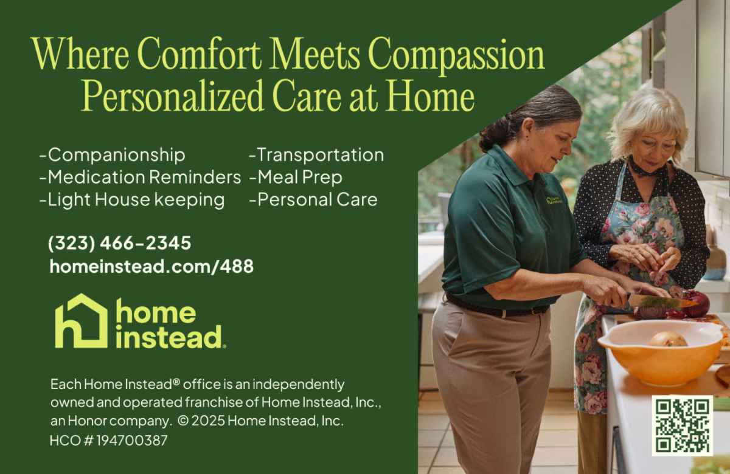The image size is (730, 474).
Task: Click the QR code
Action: (x=683, y=425)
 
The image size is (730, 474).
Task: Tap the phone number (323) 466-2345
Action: (x=119, y=243)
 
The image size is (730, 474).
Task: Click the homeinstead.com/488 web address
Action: (x=151, y=267)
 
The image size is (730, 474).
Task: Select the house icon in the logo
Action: (x=81, y=321)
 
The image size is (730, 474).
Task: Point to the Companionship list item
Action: (x=112, y=155)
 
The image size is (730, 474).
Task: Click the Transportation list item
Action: (x=316, y=155)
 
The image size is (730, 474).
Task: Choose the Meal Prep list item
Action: (x=296, y=177)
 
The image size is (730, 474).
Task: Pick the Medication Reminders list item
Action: (x=140, y=177)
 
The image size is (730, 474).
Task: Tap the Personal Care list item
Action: (x=313, y=199)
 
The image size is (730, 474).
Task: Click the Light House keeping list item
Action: (x=132, y=200)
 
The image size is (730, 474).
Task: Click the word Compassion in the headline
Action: (x=456, y=55)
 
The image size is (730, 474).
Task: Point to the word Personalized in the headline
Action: (x=172, y=96)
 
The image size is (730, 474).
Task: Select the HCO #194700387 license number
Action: (x=108, y=441)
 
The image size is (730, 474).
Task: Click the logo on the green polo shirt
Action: (x=554, y=200)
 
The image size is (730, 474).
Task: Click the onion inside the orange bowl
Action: (x=668, y=339)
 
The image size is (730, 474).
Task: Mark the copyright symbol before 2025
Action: (x=183, y=421)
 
